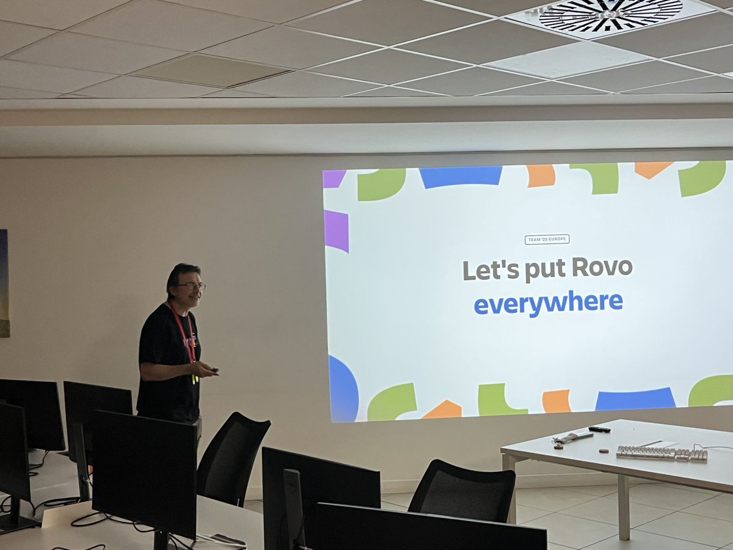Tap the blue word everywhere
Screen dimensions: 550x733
tap(548, 302)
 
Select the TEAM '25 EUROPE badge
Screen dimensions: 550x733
tap(547, 240)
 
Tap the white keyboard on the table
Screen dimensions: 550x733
tap(661, 453)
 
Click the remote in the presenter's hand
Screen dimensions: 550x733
tap(212, 369)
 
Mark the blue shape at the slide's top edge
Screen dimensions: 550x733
tap(461, 176)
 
